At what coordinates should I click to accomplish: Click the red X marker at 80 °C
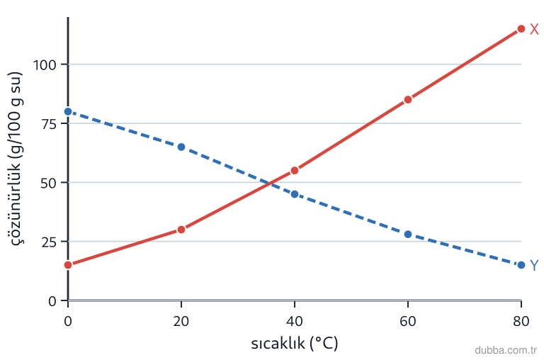[521, 29]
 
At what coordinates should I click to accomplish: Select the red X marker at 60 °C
[408, 100]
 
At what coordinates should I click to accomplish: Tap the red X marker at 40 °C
[295, 171]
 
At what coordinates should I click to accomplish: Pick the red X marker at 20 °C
[181, 230]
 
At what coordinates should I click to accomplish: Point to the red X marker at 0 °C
[68, 265]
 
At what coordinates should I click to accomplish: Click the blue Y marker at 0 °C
[68, 111]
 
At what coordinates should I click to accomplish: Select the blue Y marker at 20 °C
[181, 147]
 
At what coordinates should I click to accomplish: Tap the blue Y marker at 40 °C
[295, 194]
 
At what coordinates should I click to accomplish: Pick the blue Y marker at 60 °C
[408, 235]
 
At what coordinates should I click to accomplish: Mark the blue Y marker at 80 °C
[521, 265]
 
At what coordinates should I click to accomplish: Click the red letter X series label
[534, 30]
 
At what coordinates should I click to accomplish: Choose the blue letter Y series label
[534, 266]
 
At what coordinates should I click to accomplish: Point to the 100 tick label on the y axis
[45, 65]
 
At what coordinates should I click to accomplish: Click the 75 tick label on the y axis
[49, 124]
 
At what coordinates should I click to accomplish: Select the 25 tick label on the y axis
[49, 242]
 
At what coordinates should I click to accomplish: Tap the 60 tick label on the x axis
[408, 321]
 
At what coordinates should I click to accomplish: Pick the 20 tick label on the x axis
[181, 321]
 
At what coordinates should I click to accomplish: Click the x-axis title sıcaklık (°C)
[294, 343]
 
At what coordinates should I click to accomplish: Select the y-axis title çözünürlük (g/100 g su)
[16, 159]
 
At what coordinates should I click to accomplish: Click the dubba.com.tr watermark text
[506, 350]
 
